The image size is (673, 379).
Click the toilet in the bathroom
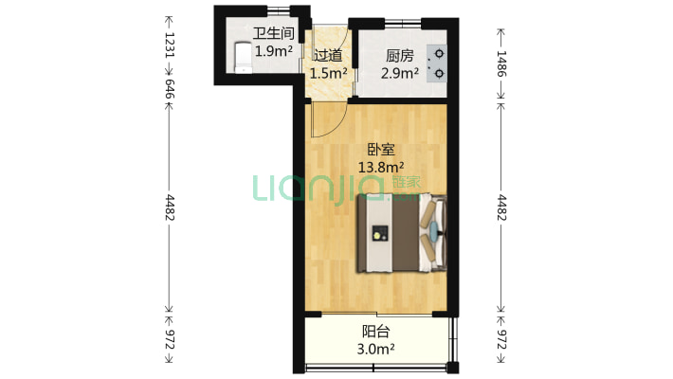point(243,58)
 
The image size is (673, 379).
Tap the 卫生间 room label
point(273,33)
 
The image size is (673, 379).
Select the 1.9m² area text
point(274,51)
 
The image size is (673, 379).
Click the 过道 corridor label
point(327,55)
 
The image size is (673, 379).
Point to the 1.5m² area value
point(328,73)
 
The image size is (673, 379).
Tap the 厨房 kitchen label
point(400,55)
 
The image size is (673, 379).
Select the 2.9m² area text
point(400,73)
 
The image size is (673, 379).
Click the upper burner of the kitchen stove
point(439,54)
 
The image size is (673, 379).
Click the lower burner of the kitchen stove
point(439,73)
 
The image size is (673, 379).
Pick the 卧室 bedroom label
point(381,150)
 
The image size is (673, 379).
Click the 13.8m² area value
point(381,167)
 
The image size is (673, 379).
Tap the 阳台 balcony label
point(376,332)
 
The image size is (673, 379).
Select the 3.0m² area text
point(376,349)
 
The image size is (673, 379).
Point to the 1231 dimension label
point(170,45)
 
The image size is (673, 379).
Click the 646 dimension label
point(170,88)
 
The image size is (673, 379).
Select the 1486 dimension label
point(501,63)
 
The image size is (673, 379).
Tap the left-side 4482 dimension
point(170,208)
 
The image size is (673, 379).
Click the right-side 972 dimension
point(501,339)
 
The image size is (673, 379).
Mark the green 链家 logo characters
point(407,182)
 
